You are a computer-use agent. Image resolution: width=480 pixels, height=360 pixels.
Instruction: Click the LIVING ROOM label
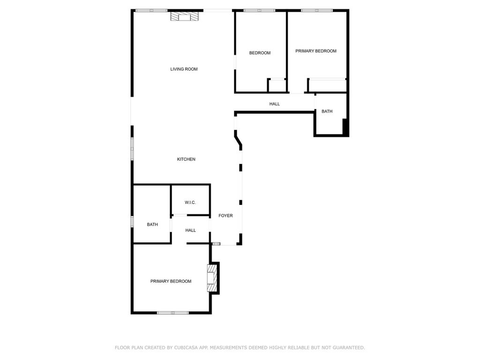click(x=184, y=69)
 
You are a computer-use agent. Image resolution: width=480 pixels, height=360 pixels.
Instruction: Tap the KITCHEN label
click(x=186, y=159)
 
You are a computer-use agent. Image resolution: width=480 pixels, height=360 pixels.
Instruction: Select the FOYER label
click(x=225, y=216)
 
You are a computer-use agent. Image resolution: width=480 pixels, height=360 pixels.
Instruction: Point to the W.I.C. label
click(x=190, y=202)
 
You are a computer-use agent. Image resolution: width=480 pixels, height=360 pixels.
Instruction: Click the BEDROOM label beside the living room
click(x=260, y=53)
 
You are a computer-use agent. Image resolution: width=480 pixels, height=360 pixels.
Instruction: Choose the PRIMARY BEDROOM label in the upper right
click(x=316, y=51)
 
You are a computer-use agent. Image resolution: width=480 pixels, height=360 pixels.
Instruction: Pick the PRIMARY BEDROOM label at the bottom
click(x=171, y=281)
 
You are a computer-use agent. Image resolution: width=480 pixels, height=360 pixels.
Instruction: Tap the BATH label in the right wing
click(x=327, y=112)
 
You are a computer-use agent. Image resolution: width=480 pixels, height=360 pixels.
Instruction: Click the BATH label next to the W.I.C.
click(x=152, y=225)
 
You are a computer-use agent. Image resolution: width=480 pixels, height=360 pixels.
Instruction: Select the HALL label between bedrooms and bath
click(x=275, y=104)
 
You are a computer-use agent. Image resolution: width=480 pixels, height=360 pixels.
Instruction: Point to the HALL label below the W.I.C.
click(x=190, y=230)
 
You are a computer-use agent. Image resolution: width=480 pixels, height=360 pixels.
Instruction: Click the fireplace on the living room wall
click(x=184, y=17)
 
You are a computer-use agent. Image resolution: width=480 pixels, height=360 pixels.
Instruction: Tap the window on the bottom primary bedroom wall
click(x=172, y=313)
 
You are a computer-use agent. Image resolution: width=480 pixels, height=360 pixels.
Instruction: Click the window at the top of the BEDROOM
click(x=259, y=10)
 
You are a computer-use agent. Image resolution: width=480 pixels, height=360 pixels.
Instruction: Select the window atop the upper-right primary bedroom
click(x=317, y=10)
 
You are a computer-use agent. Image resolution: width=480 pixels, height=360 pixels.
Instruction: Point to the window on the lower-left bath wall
click(x=132, y=221)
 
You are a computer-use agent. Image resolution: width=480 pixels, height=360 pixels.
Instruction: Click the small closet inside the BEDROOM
click(x=277, y=86)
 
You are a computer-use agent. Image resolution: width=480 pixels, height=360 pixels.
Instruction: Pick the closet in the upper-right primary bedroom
click(x=327, y=86)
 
